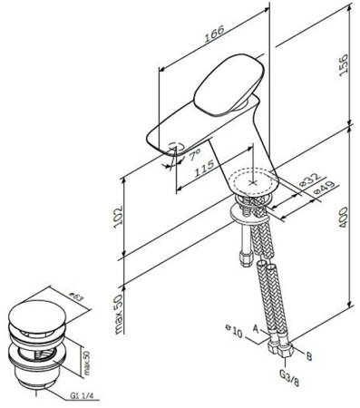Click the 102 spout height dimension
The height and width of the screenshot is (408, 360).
(x=116, y=216)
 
